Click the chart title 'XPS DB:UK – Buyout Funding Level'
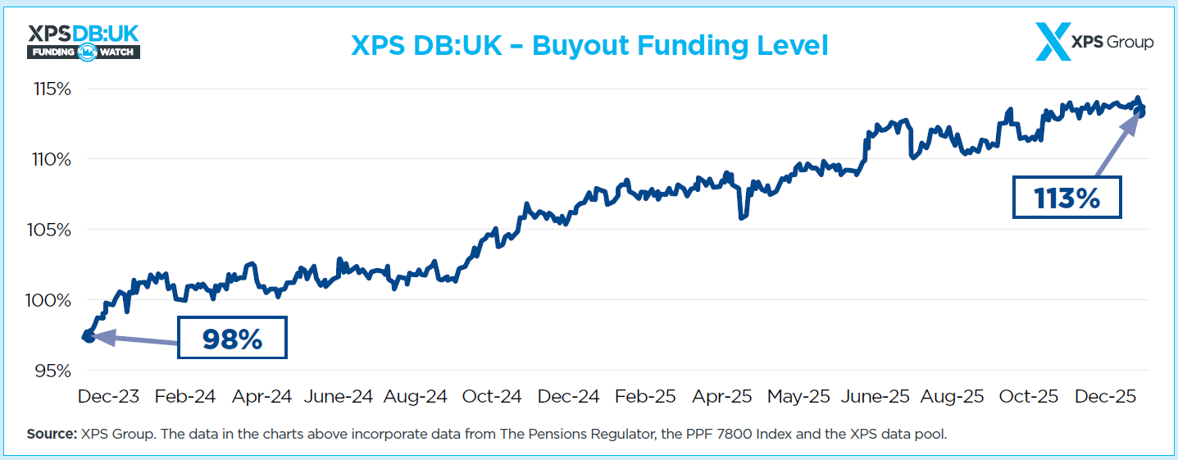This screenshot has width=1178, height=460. click(x=589, y=45)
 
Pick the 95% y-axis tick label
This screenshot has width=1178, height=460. click(x=52, y=371)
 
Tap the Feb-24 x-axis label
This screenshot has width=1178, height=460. click(x=184, y=397)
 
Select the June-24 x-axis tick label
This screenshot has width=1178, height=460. click(x=339, y=397)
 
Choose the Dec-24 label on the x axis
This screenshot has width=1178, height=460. click(x=569, y=397)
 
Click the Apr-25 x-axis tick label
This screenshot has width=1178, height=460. click(x=722, y=397)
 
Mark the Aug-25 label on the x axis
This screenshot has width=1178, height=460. click(x=953, y=397)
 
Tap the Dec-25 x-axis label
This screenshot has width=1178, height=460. click(x=1106, y=397)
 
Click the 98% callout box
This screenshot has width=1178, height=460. click(x=232, y=339)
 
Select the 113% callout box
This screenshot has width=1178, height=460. click(x=1067, y=198)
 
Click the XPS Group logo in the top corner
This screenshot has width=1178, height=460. click(x=1094, y=42)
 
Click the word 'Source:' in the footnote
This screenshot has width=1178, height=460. click(x=52, y=435)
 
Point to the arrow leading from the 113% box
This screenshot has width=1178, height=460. click(x=1117, y=144)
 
